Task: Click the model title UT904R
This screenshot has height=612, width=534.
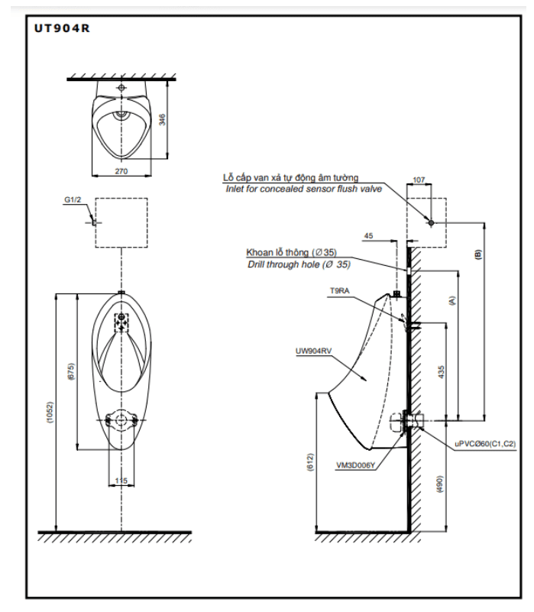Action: (x=63, y=29)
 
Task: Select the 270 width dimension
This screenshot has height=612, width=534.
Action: (x=121, y=171)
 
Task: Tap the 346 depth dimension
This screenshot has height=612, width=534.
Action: (x=161, y=120)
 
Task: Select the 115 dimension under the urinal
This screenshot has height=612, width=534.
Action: (x=121, y=480)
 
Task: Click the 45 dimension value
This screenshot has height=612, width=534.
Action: (x=369, y=236)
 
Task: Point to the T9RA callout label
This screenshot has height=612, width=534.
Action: (x=339, y=291)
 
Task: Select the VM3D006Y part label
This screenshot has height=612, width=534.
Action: (x=355, y=464)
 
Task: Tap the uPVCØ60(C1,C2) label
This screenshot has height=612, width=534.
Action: (x=486, y=443)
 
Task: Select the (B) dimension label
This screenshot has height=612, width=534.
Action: (x=479, y=255)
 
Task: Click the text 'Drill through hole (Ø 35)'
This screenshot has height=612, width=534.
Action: (x=299, y=264)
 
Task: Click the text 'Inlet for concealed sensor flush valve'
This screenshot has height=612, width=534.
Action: (x=302, y=189)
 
